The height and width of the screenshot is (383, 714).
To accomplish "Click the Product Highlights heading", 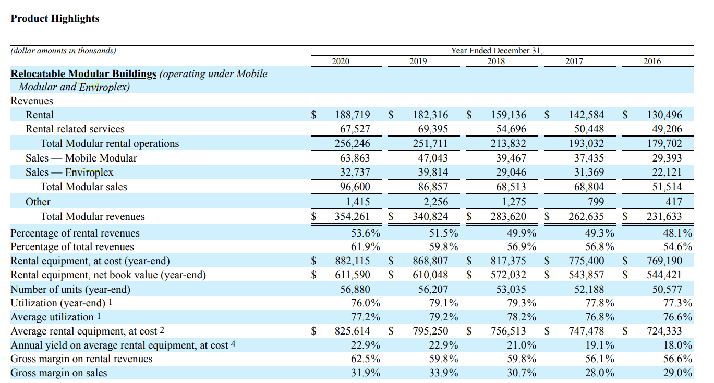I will [55, 19].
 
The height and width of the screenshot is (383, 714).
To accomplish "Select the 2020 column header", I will [341, 61].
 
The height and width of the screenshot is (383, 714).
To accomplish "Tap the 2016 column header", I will [652, 61].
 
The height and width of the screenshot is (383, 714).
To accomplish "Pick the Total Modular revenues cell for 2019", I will [430, 216].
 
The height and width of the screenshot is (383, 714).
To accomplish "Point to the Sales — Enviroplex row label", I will [69, 172].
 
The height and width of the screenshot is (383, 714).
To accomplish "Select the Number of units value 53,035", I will [509, 289].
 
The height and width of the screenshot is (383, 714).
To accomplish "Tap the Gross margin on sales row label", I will [59, 373].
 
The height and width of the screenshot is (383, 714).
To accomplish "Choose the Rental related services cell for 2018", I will [510, 129].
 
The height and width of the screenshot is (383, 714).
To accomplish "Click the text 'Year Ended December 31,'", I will [497, 51].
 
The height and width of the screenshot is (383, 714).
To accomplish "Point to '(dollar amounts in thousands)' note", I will [64, 51].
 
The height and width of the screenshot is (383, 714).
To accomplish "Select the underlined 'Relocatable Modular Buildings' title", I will [83, 73].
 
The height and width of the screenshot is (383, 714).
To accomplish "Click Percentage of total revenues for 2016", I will [677, 247].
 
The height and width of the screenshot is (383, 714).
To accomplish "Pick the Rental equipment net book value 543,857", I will [586, 275].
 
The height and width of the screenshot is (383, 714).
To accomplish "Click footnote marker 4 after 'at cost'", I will [233, 344].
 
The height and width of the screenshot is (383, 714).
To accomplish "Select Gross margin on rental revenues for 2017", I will [599, 359].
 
